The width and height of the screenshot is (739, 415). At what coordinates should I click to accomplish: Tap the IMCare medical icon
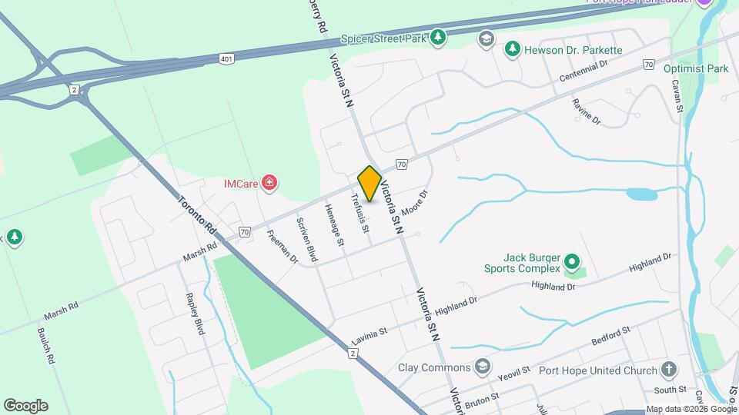269,183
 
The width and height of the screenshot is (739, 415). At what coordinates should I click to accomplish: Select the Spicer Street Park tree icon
438,37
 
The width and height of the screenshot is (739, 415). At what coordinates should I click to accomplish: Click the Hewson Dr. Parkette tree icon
512,50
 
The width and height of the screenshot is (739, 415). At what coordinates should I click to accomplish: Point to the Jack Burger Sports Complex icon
571,261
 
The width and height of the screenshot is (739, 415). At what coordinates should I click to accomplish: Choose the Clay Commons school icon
483,366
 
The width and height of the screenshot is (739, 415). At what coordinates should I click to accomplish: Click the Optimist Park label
695,68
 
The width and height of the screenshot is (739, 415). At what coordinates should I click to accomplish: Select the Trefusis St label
361,213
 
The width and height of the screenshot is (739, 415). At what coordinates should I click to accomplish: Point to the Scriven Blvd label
307,239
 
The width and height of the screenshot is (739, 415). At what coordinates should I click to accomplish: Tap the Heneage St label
333,225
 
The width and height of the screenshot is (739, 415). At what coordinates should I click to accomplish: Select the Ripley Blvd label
196,314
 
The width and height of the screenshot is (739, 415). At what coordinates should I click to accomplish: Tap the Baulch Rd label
46,346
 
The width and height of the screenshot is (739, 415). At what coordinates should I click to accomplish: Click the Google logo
25,405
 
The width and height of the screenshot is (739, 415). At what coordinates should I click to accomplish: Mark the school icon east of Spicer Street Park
486,38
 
